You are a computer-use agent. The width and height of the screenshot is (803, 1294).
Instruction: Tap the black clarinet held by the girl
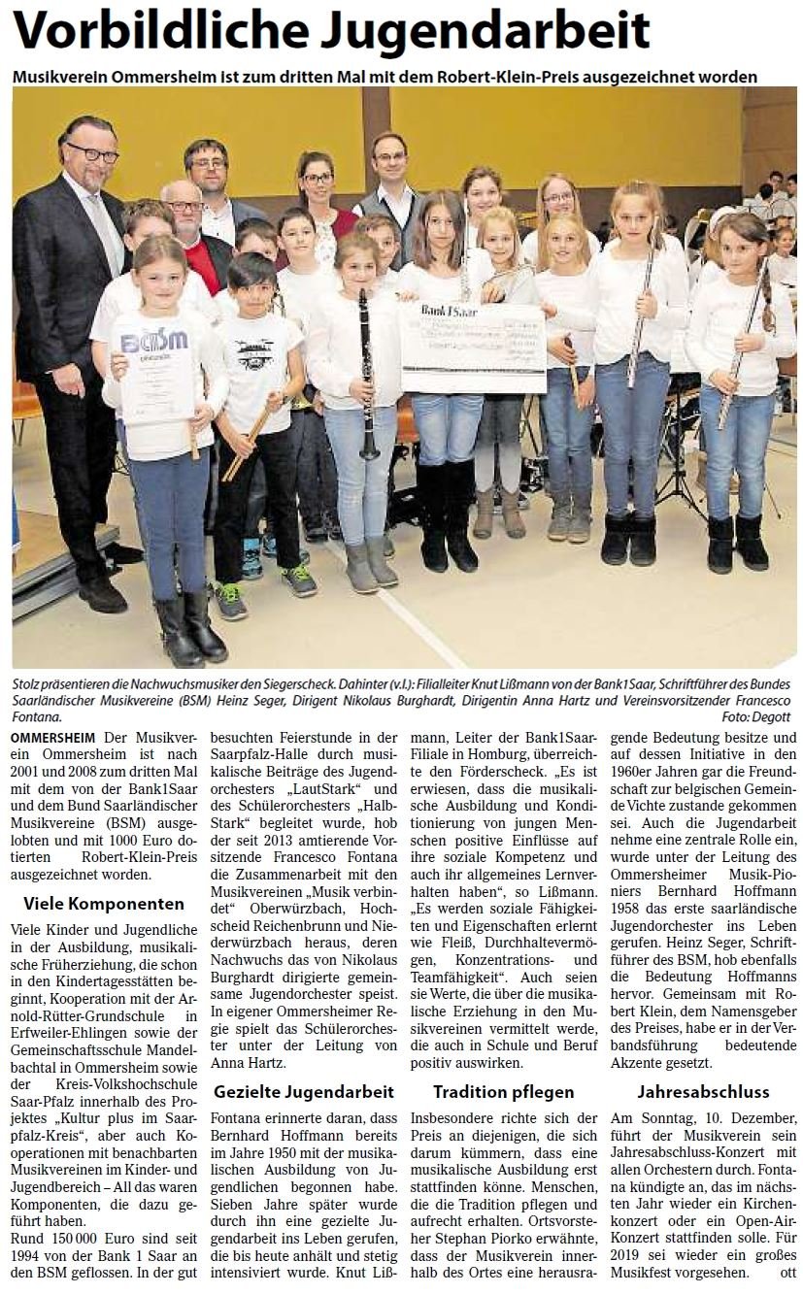click(367, 379)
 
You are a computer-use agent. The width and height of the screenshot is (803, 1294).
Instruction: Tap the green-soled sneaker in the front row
click(231, 600)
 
